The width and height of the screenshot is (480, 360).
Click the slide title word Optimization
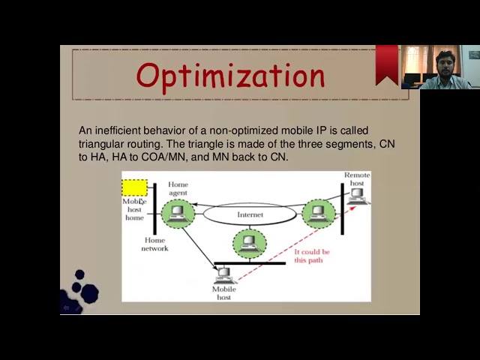pyautogui.click(x=231, y=76)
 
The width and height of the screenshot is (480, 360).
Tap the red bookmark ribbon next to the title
pyautogui.click(x=387, y=63)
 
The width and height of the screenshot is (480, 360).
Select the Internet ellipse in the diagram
pyautogui.click(x=250, y=214)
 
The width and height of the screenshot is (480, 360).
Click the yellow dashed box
pyautogui.click(x=134, y=187)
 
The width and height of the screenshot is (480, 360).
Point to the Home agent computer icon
pyautogui.click(x=178, y=213)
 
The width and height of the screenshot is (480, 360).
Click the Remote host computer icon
pyautogui.click(x=357, y=196)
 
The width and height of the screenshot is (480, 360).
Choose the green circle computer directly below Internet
pyautogui.click(x=249, y=243)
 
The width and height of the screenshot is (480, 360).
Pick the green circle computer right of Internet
pyautogui.click(x=318, y=214)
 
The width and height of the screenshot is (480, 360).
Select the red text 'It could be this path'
pyautogui.click(x=311, y=256)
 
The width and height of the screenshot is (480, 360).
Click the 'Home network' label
pyautogui.click(x=154, y=244)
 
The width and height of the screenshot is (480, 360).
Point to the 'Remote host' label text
pyautogui.click(x=357, y=178)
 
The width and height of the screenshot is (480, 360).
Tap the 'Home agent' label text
pyautogui.click(x=178, y=188)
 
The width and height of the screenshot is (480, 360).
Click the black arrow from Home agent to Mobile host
pyautogui.click(x=199, y=247)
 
